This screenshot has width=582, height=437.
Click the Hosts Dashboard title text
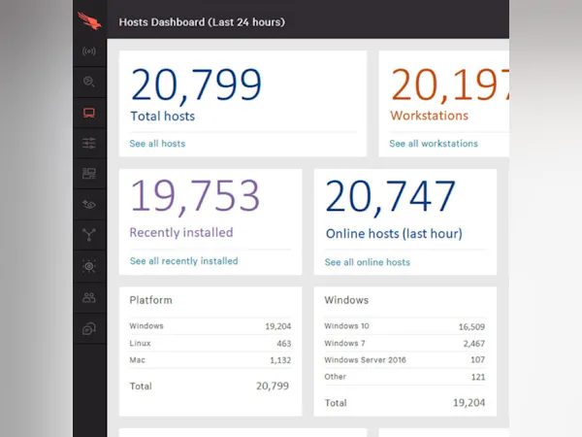202,21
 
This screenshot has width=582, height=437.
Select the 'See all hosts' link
157,144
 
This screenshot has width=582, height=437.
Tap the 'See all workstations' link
434,144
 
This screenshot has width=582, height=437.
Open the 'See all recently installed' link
183,261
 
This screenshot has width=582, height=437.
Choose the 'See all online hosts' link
367,262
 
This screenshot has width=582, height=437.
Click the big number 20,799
196,84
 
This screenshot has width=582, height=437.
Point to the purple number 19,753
195,197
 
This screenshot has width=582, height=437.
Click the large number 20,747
390,197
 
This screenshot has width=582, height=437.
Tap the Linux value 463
283,344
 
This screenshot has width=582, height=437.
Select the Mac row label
138,360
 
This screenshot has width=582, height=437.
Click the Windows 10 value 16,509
471,327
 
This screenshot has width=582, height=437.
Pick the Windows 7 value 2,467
473,344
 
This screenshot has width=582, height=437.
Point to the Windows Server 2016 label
365,360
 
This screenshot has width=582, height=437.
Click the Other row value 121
477,377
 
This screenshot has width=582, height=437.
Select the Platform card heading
150,300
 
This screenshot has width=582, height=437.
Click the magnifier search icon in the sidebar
89,82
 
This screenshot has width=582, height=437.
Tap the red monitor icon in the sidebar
89,113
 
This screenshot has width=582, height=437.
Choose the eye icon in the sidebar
89,204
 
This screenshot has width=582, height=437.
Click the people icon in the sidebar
89,297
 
